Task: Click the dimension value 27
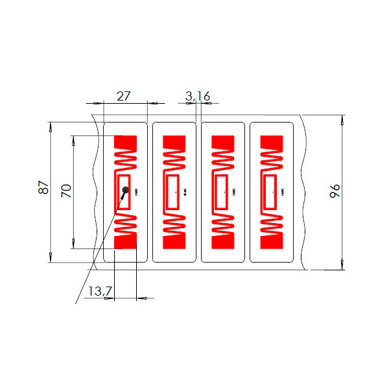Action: pos(123,95)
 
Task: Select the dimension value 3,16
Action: pos(197,96)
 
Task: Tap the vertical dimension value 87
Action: pos(43,187)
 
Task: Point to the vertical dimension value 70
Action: pos(65,191)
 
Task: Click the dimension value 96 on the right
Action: pos(335,191)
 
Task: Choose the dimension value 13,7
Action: pos(99,292)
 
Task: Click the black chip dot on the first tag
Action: pos(126,190)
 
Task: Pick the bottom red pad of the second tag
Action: pos(174,241)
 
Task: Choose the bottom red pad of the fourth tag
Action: pos(272,241)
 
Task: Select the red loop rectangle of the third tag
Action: pos(222,192)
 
